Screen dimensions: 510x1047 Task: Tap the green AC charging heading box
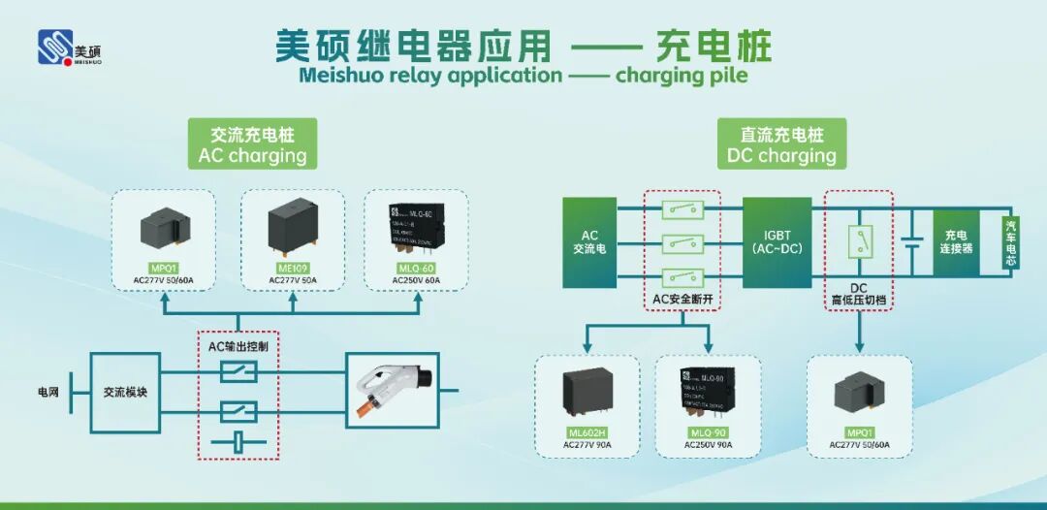click(x=253, y=144)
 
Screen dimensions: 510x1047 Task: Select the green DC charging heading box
click(x=781, y=144)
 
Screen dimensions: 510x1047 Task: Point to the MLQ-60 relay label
click(x=416, y=270)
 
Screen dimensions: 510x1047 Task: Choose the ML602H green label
click(x=587, y=433)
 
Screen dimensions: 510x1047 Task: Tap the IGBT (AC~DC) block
click(x=777, y=242)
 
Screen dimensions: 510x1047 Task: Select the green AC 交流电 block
click(x=589, y=242)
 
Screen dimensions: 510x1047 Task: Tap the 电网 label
click(x=48, y=393)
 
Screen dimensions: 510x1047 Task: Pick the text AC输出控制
click(x=238, y=346)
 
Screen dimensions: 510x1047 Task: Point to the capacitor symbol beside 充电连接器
click(x=910, y=242)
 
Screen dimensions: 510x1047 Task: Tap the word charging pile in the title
click(x=682, y=76)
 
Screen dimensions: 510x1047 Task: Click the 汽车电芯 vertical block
click(x=1011, y=241)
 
